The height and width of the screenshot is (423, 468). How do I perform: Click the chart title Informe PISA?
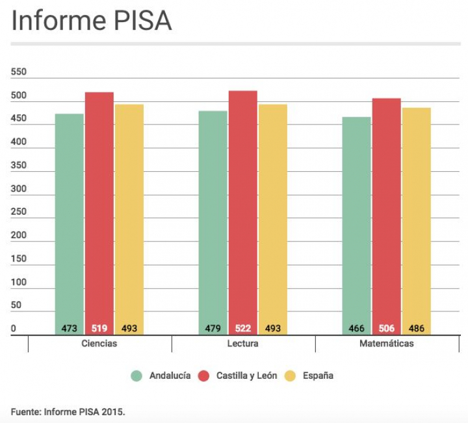pyautogui.click(x=92, y=21)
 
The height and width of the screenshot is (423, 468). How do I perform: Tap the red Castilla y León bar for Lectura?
pyautogui.click(x=242, y=208)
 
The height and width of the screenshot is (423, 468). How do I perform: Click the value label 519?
pyautogui.click(x=99, y=328)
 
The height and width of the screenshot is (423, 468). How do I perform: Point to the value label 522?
pyautogui.click(x=242, y=328)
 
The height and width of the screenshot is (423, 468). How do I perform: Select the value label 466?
pyautogui.click(x=357, y=328)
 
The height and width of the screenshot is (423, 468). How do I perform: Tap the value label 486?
pyautogui.click(x=416, y=328)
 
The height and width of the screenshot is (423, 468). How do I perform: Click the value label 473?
pyautogui.click(x=70, y=328)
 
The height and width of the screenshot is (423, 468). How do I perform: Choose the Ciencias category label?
pyautogui.click(x=99, y=343)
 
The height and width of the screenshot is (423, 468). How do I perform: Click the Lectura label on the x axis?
pyautogui.click(x=243, y=343)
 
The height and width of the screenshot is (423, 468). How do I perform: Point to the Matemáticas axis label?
pyautogui.click(x=386, y=343)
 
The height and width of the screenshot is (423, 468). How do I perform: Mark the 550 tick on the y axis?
pyautogui.click(x=19, y=72)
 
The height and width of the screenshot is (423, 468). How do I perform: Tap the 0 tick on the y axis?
pyautogui.click(x=14, y=329)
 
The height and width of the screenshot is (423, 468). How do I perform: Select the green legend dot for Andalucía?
pyautogui.click(x=136, y=376)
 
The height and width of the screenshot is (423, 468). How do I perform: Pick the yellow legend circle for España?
pyautogui.click(x=291, y=376)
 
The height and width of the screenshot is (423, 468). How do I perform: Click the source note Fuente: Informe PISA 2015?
pyautogui.click(x=68, y=411)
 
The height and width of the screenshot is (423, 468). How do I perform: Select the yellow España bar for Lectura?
pyautogui.click(x=272, y=214)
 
